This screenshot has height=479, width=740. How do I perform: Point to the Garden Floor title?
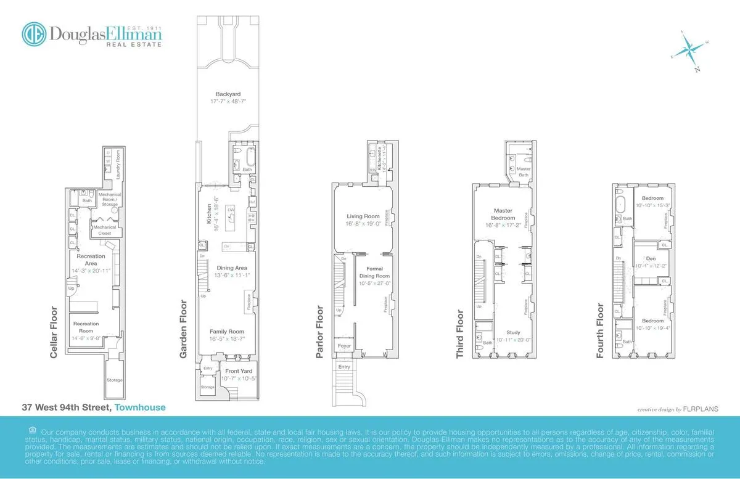[x=183, y=329]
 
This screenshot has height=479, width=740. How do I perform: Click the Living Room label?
[x=364, y=216]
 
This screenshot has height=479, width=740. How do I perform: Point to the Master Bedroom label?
[x=503, y=215]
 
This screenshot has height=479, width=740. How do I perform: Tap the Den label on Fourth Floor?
[x=651, y=258]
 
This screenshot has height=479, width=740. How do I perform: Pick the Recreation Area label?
[x=91, y=260]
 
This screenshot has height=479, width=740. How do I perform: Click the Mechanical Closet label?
[x=105, y=230]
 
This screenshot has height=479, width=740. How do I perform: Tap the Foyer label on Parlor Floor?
[x=343, y=346]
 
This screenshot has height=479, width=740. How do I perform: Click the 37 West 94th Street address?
[x=67, y=407]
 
